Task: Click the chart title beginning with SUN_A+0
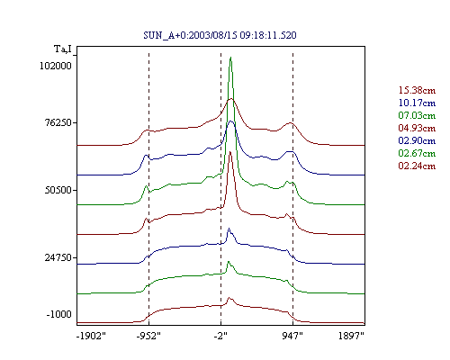click(x=220, y=35)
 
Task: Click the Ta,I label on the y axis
click(x=63, y=49)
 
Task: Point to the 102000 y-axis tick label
click(x=56, y=66)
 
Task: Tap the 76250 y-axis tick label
click(x=58, y=122)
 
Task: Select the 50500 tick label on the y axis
click(x=58, y=190)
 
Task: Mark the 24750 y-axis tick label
click(x=58, y=257)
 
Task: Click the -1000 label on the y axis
click(x=58, y=314)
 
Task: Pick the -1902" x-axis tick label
click(x=91, y=336)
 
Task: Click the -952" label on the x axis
click(x=148, y=336)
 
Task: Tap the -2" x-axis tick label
click(x=220, y=336)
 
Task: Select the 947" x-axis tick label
click(x=292, y=336)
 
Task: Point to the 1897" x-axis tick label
click(x=351, y=336)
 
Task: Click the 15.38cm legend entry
click(x=417, y=90)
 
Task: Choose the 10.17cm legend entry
click(x=417, y=103)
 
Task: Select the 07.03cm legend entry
click(x=417, y=115)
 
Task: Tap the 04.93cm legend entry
click(x=417, y=128)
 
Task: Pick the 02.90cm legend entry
click(x=417, y=140)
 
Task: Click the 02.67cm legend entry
click(x=417, y=153)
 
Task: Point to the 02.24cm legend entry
click(x=417, y=166)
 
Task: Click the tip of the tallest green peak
click(x=230, y=57)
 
